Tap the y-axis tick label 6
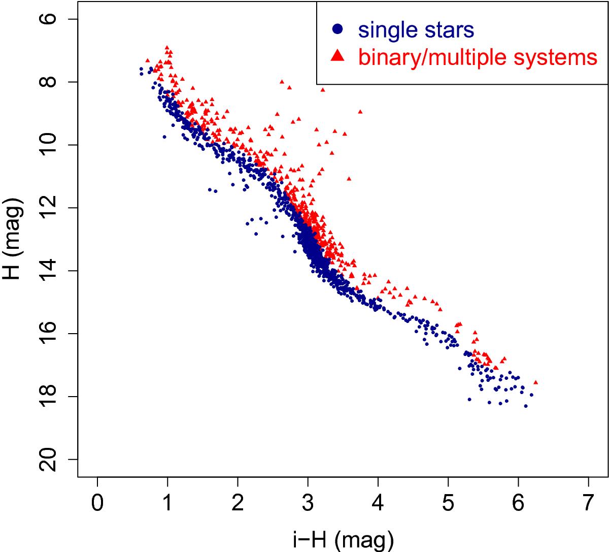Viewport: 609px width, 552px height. (x=48, y=19)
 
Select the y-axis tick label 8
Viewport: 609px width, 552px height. (x=48, y=82)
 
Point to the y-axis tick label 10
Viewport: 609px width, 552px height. (x=48, y=145)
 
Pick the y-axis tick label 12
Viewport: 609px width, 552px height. (x=48, y=208)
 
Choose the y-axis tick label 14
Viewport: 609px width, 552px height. (x=48, y=270)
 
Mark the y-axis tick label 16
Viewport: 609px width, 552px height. (x=48, y=333)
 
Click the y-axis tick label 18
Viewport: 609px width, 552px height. (x=48, y=396)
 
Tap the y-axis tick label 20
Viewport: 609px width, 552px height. (x=48, y=459)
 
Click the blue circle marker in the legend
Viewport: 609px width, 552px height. (x=337, y=29)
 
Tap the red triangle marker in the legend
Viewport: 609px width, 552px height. (x=337, y=56)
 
